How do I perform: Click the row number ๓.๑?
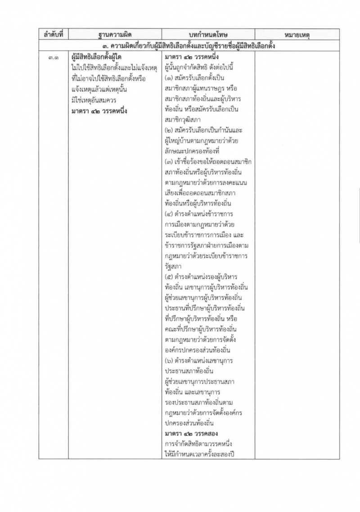tap(53, 57)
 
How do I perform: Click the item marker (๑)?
tap(170, 78)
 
